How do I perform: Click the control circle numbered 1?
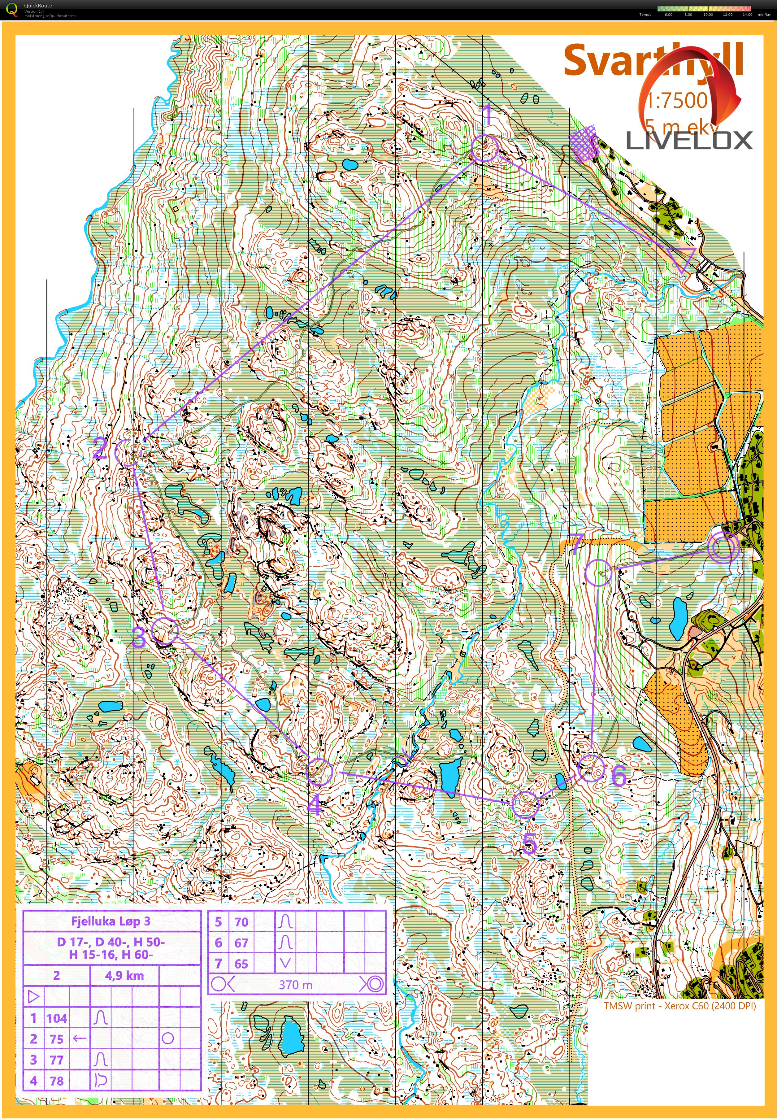click(x=485, y=149)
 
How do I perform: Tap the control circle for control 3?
click(x=165, y=631)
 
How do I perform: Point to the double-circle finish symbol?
click(x=723, y=547)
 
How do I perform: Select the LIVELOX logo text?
click(x=689, y=141)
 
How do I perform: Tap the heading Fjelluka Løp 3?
click(x=111, y=921)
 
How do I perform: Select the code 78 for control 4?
click(x=56, y=1081)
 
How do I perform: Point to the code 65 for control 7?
click(x=241, y=964)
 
